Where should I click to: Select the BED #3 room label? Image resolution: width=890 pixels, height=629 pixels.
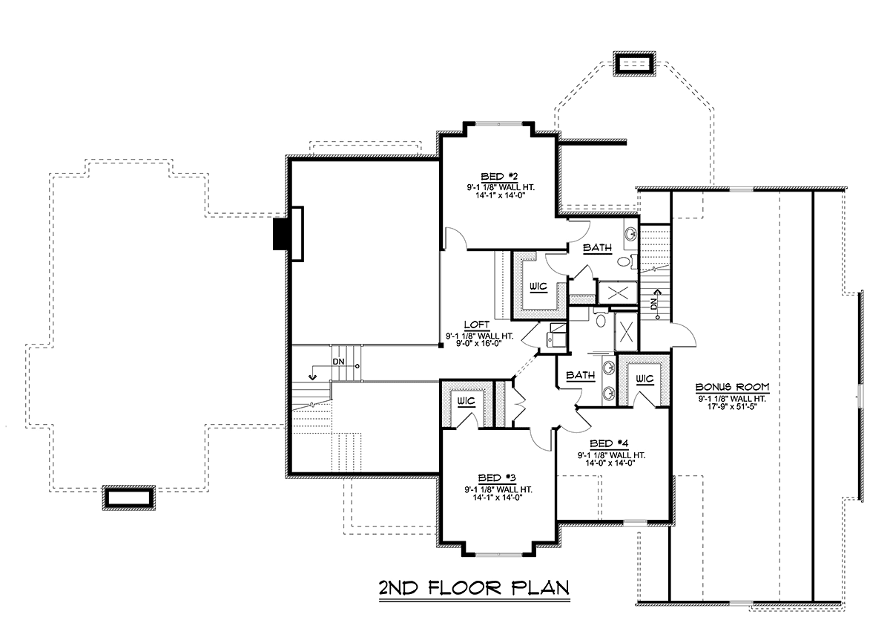[497, 478]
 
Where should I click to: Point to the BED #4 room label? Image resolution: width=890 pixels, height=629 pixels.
[609, 443]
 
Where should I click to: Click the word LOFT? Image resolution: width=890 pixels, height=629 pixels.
[477, 325]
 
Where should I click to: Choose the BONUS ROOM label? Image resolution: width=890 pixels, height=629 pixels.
[732, 387]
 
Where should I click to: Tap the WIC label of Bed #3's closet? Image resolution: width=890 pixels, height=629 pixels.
[466, 400]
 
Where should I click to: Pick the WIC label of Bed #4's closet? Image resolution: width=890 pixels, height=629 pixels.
[645, 379]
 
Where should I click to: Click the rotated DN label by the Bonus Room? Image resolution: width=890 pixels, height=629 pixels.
[653, 304]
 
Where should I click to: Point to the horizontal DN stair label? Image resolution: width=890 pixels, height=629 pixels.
[338, 362]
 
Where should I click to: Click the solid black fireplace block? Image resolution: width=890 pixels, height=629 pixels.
[282, 235]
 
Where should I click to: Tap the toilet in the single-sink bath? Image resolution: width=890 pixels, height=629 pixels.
[627, 262]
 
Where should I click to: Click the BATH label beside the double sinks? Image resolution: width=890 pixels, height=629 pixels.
[581, 375]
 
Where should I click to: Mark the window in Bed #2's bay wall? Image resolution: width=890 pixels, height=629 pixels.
[498, 124]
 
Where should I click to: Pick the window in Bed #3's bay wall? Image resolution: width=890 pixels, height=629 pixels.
[498, 555]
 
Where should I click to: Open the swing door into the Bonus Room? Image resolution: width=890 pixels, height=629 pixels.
[683, 336]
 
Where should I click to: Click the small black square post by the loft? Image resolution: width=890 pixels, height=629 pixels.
[441, 345]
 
